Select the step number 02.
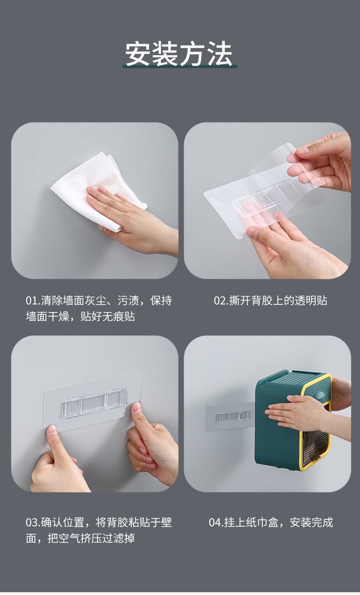(x=220, y=301)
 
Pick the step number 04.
(x=215, y=523)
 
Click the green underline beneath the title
(x=180, y=67)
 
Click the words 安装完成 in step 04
(x=311, y=523)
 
